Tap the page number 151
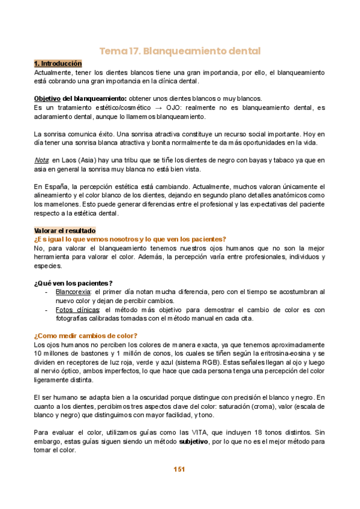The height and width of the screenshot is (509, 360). coord(180,469)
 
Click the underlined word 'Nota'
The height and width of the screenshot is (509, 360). coord(41,160)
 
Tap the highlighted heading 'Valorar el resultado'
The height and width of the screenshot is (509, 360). coord(65,230)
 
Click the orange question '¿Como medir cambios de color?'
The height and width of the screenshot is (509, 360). coord(85,336)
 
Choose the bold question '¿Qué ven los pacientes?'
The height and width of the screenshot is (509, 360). coord(73,283)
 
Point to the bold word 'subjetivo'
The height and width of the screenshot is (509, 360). coord(194,441)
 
